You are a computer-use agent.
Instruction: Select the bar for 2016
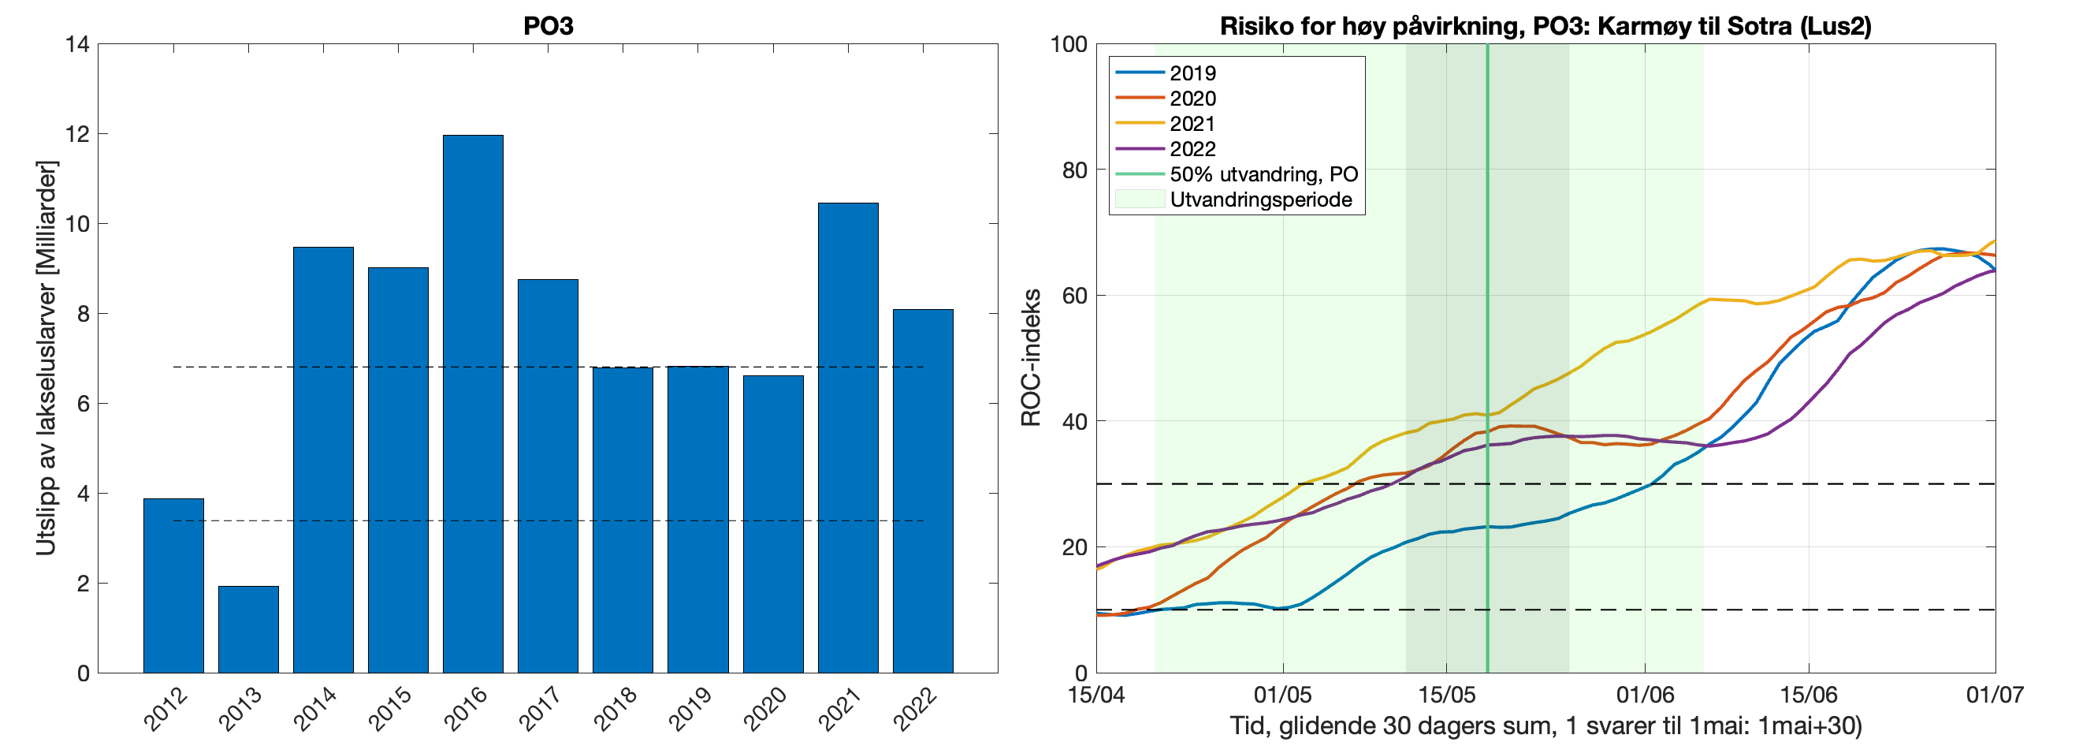pyautogui.click(x=472, y=404)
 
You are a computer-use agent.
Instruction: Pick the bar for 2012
pyautogui.click(x=173, y=585)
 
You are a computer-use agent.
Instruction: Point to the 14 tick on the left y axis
pyautogui.click(x=78, y=44)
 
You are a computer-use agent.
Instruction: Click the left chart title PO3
pyautogui.click(x=548, y=26)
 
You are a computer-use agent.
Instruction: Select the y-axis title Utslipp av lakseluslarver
pyautogui.click(x=46, y=358)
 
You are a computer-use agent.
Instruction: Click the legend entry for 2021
pyautogui.click(x=1192, y=124)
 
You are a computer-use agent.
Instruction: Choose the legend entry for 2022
pyautogui.click(x=1192, y=149)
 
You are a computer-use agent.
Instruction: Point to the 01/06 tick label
pyautogui.click(x=1646, y=695)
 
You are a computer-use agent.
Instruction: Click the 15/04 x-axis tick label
pyautogui.click(x=1096, y=695)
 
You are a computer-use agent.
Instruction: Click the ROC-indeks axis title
pyautogui.click(x=1031, y=358)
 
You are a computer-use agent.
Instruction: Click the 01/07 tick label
pyautogui.click(x=1995, y=695)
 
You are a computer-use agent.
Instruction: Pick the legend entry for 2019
pyautogui.click(x=1192, y=73)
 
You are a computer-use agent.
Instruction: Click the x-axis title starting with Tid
pyautogui.click(x=1545, y=725)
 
